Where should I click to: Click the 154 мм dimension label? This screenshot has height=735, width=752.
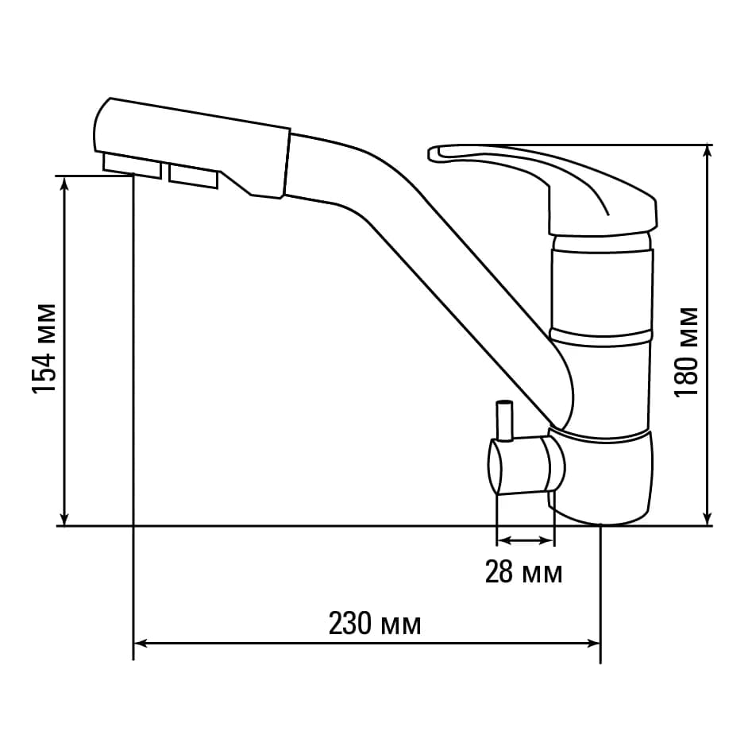coord(44,348)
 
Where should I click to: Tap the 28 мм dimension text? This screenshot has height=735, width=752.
coord(524,571)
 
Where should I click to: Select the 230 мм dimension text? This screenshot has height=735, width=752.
coord(375,625)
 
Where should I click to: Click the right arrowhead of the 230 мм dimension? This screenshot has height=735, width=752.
coord(594,644)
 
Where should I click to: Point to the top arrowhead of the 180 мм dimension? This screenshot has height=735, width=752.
coord(707,152)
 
